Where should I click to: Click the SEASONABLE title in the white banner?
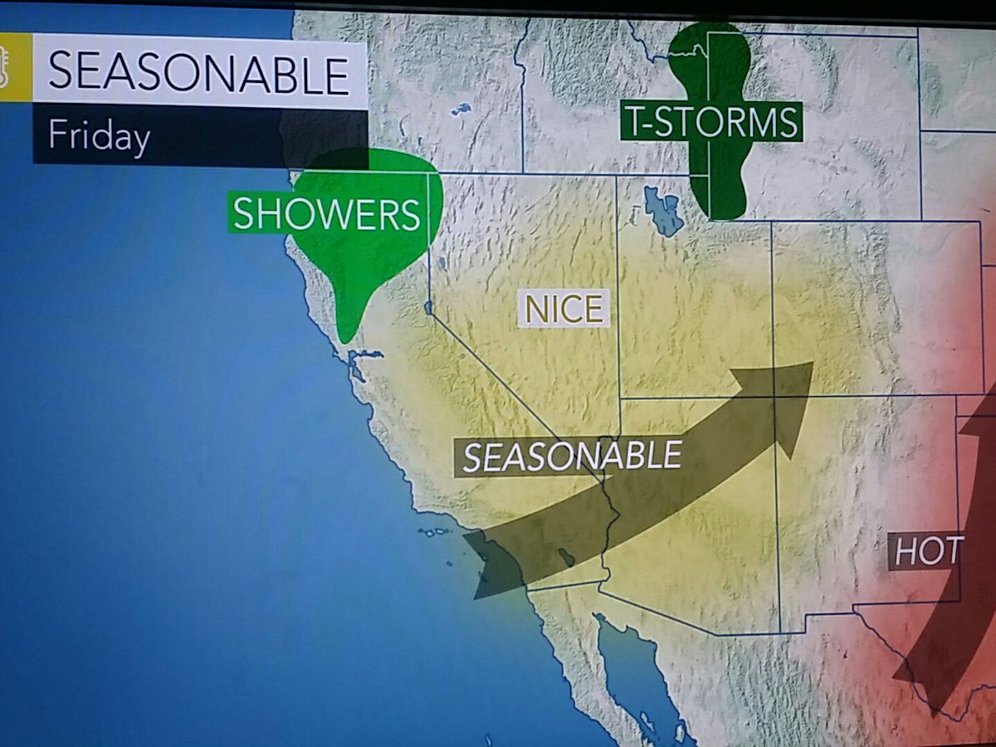199,74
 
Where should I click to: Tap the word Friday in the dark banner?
99,134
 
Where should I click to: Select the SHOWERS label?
326,215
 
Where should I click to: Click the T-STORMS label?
711,123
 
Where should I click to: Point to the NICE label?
564,309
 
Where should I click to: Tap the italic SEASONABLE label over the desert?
572,456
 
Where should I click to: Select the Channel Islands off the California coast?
436,531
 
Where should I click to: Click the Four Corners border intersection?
774,397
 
